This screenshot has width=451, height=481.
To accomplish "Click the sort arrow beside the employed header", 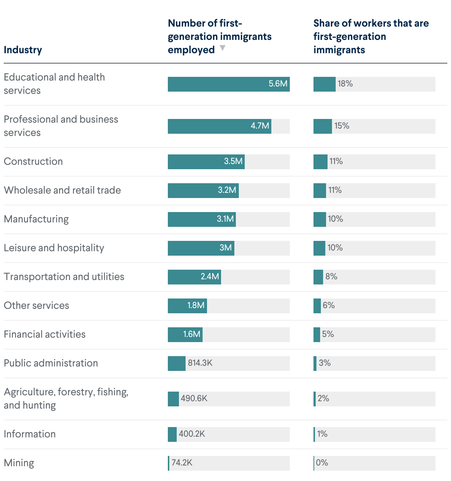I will coord(223,48).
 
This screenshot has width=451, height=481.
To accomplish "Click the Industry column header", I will coord(23,50).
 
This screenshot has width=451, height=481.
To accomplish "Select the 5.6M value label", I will coord(278,84).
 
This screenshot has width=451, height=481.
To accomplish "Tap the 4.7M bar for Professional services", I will coord(220,126).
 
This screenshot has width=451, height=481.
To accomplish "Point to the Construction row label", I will coord(33,161).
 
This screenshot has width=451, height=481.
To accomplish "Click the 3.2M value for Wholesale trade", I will coord(227,190).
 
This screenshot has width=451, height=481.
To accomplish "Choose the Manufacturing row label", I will coord(36,219).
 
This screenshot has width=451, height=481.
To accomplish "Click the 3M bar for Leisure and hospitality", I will coord(201,248).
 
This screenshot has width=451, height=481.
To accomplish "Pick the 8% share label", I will coord(331,277).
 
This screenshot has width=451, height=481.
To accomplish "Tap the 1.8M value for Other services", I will coord(196,306).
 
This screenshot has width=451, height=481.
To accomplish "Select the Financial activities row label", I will coord(45,334).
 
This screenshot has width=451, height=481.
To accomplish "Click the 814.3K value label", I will coord(200,363).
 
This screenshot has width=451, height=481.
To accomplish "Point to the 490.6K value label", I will coord(194,399).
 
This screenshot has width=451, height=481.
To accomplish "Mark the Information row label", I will coord(30,434).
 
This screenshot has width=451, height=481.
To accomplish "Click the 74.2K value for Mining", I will coord(182,463).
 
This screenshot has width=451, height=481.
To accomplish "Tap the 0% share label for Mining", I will coord(322,463).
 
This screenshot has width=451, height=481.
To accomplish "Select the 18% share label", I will coord(345,84).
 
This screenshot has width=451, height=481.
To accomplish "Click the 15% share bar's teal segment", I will coord(323,126).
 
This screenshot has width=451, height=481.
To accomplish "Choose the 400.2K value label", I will coord(192,434).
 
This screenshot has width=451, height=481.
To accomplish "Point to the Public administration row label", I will coord(51,363).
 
